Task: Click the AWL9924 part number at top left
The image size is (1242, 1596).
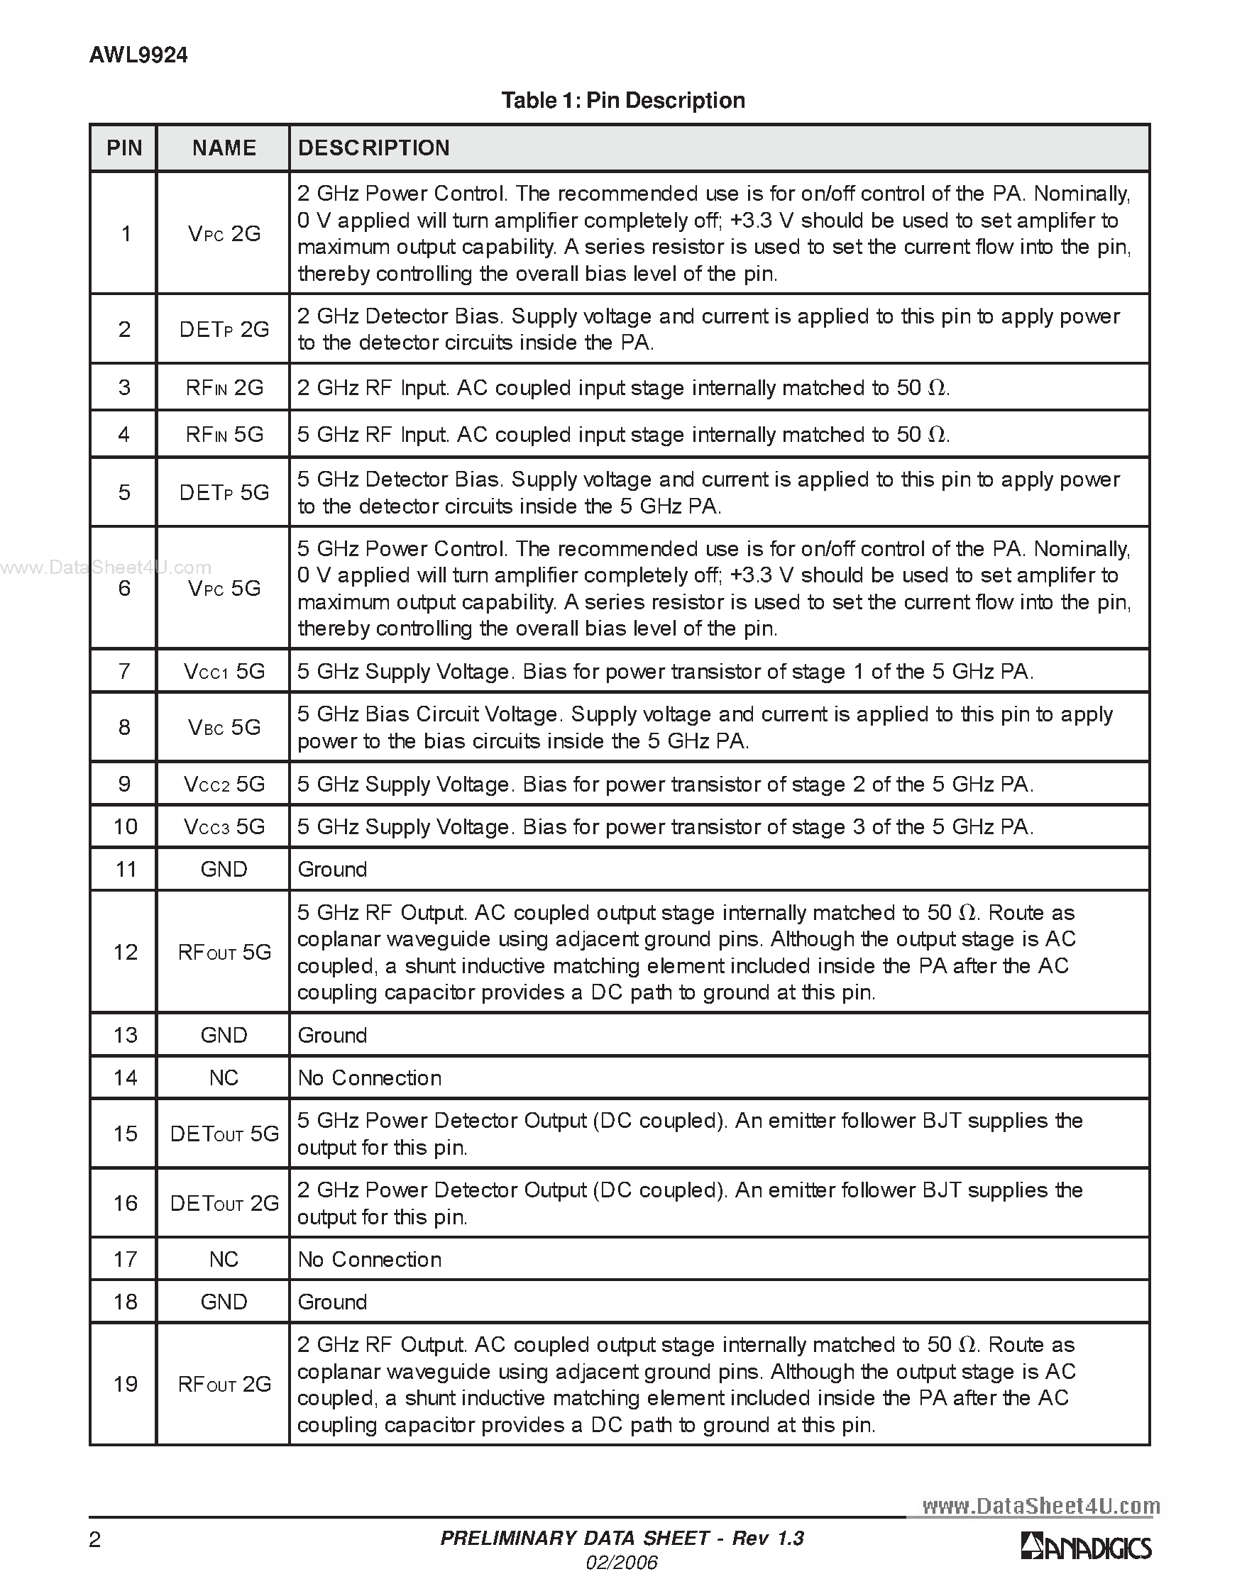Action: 138,55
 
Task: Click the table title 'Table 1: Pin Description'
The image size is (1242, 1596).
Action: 623,100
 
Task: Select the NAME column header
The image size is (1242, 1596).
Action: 224,148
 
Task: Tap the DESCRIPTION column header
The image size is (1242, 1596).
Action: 373,148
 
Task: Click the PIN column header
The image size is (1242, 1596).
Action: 124,148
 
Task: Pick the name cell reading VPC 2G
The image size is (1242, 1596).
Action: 224,234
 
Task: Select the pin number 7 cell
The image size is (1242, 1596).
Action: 124,671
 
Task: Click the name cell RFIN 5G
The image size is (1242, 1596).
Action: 224,435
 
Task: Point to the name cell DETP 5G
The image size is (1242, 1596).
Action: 224,492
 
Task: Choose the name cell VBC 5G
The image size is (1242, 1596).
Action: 224,727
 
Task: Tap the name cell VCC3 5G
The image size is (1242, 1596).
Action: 224,826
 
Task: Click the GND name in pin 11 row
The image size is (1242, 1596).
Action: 224,869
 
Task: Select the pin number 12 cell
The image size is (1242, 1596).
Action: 124,952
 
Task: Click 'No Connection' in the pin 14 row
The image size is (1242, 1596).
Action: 369,1078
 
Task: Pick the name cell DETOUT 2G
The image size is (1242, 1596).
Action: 224,1203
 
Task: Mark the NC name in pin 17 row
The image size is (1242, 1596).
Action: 224,1259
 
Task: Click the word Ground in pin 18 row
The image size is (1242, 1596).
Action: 332,1302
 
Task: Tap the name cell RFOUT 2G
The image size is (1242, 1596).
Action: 224,1384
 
